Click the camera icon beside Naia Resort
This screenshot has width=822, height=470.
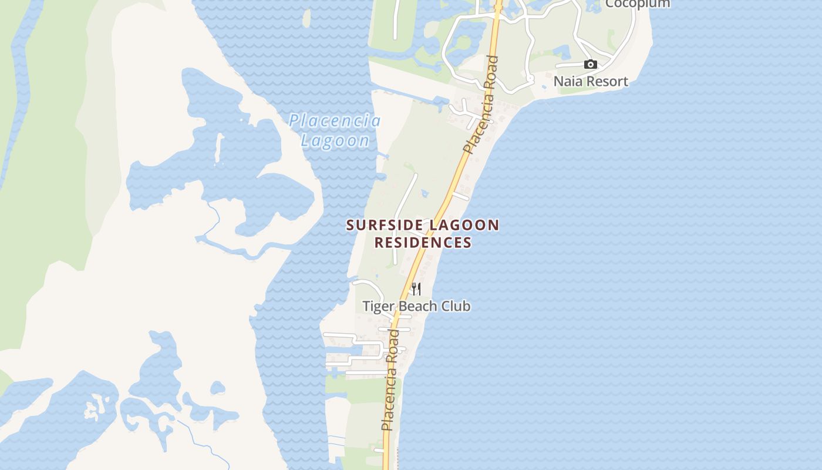590,65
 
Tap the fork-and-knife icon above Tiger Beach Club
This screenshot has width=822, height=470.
416,288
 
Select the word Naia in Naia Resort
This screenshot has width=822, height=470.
569,81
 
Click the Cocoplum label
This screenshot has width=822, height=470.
637,4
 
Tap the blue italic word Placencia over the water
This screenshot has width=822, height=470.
335,121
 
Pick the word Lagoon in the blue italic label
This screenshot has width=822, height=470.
335,140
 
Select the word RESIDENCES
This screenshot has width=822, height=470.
423,242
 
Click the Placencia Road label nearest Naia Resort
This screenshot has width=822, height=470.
481,105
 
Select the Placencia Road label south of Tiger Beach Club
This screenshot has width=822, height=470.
391,380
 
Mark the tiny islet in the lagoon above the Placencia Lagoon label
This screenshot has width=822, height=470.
306,18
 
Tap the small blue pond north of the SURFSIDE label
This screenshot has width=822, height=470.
425,193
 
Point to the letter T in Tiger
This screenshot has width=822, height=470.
366,306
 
